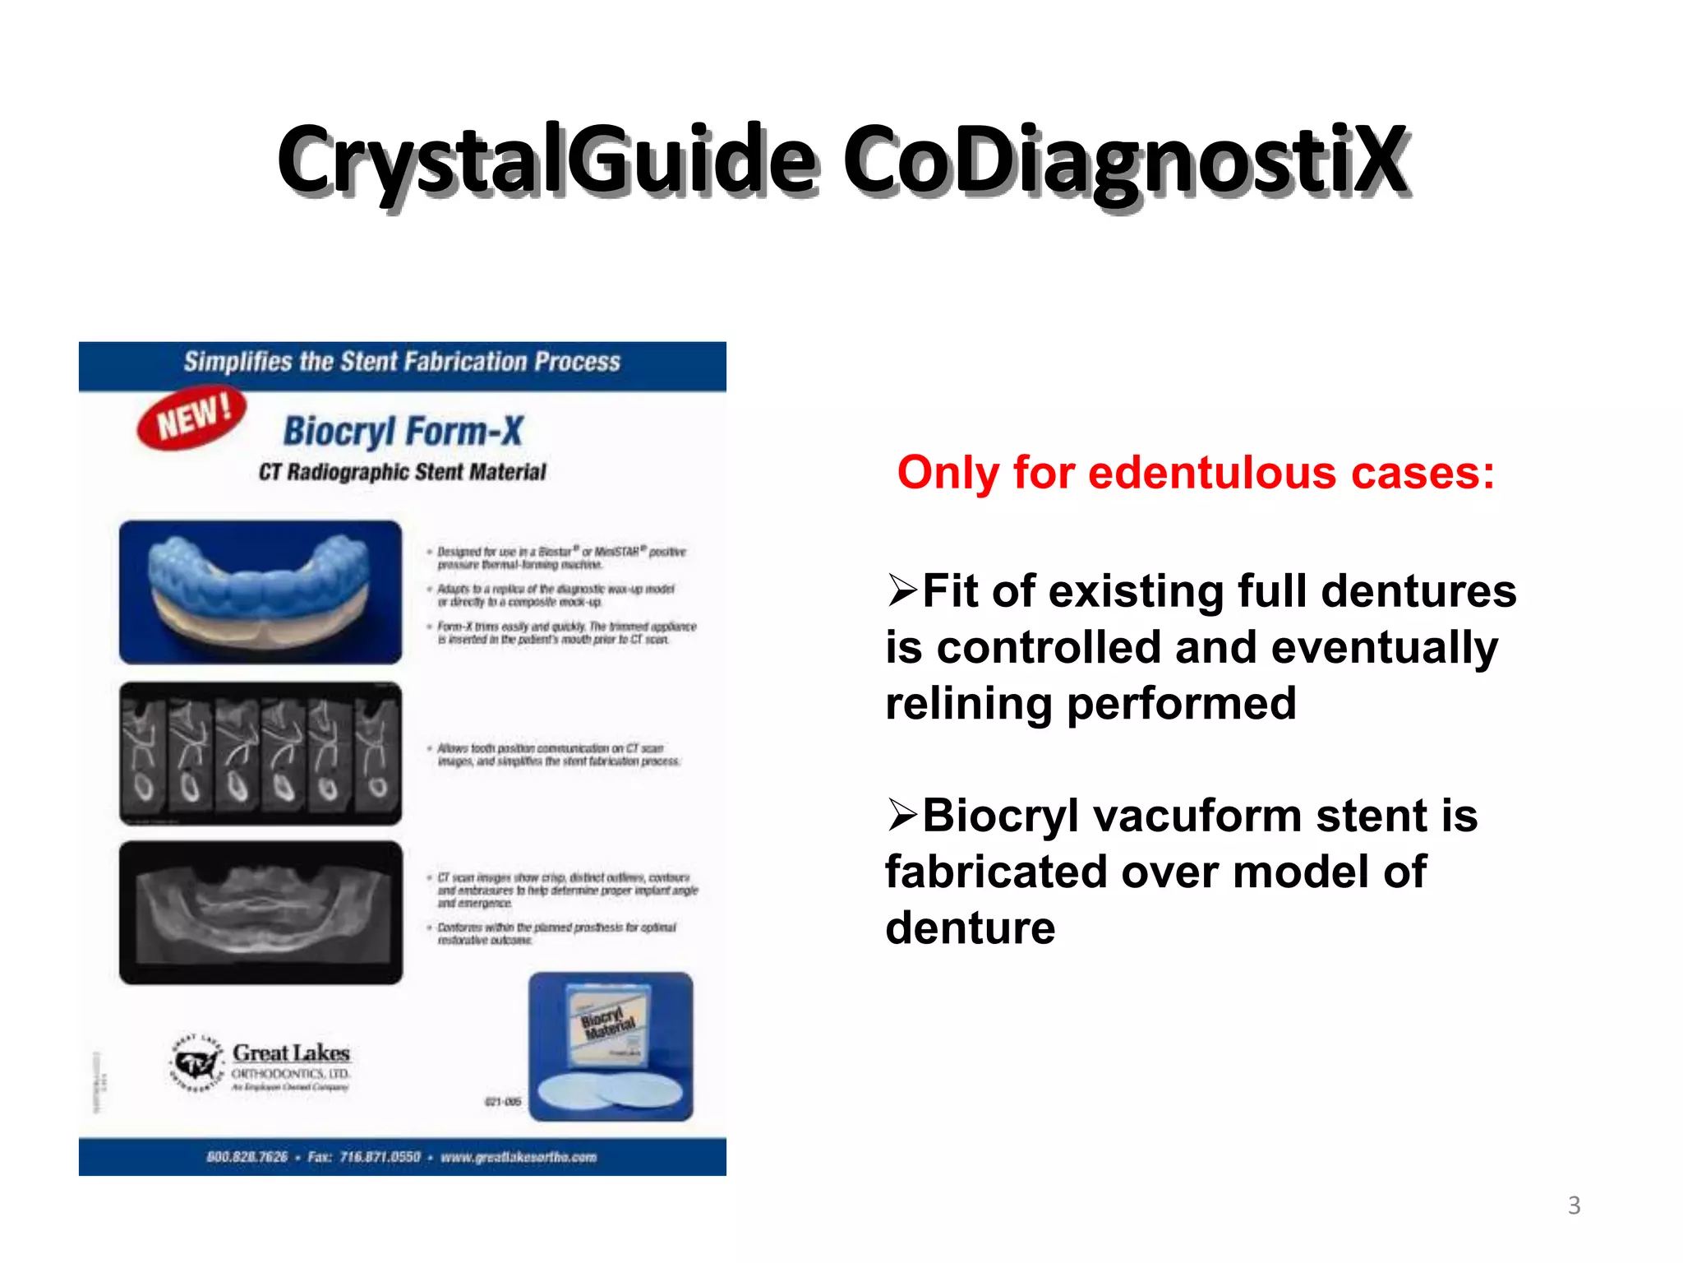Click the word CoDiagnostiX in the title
1126,160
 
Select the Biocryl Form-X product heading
403,431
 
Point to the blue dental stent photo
261,592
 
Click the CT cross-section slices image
261,753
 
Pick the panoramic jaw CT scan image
261,913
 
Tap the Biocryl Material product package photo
611,1046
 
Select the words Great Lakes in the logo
291,1053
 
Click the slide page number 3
1574,1205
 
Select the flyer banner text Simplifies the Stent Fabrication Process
402,362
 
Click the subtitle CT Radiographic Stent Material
402,472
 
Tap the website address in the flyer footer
519,1157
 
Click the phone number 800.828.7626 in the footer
247,1157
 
